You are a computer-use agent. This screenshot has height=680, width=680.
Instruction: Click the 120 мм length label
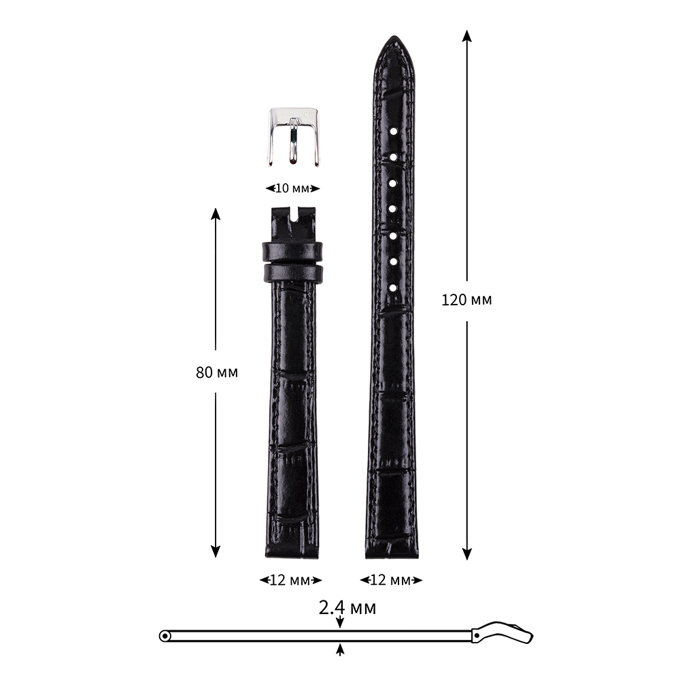tap(466, 300)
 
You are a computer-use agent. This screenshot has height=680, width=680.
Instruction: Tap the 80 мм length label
tap(217, 373)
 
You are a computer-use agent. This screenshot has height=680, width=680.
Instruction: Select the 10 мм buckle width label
tap(292, 188)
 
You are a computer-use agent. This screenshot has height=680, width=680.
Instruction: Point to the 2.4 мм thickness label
tap(347, 607)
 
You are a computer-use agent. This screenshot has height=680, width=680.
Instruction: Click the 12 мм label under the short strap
tap(290, 580)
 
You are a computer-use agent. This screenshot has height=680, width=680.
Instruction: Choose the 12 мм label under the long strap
tap(391, 580)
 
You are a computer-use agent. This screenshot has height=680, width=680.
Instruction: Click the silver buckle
tap(293, 137)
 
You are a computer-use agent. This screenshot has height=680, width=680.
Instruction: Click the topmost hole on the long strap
tap(393, 131)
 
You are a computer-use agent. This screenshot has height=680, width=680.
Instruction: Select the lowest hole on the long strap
tap(393, 288)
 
